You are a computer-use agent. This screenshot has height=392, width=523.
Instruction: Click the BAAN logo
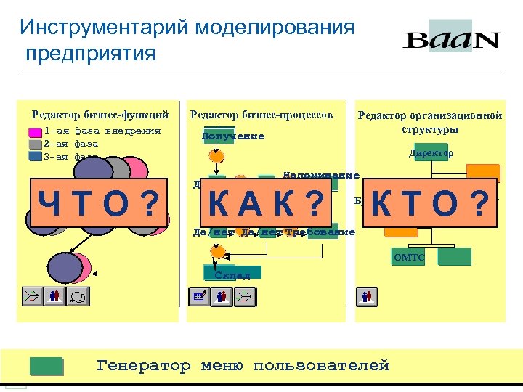pyautogui.click(x=451, y=38)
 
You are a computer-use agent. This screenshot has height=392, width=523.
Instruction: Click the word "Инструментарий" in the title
pyautogui.click(x=105, y=28)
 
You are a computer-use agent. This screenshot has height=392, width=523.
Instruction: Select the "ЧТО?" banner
pyautogui.click(x=98, y=202)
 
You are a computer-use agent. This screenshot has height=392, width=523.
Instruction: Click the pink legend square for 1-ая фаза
pyautogui.click(x=35, y=133)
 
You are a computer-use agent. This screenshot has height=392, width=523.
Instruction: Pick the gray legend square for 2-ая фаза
pyautogui.click(x=35, y=144)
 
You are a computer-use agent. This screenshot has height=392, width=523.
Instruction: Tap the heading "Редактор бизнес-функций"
pyautogui.click(x=100, y=114)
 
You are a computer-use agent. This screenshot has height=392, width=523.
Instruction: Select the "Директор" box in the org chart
pyautogui.click(x=431, y=153)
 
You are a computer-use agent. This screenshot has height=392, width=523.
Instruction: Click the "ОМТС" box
pyautogui.click(x=409, y=257)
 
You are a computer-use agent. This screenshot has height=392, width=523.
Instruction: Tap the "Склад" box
pyautogui.click(x=232, y=274)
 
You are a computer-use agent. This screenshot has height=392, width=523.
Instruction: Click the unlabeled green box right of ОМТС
pyautogui.click(x=455, y=256)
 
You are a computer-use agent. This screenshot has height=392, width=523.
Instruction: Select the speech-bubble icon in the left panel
pyautogui.click(x=76, y=296)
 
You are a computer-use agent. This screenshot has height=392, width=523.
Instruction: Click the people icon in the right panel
pyautogui.click(x=367, y=295)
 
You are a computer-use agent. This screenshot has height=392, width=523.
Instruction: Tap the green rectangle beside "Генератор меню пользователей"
pyautogui.click(x=46, y=366)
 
